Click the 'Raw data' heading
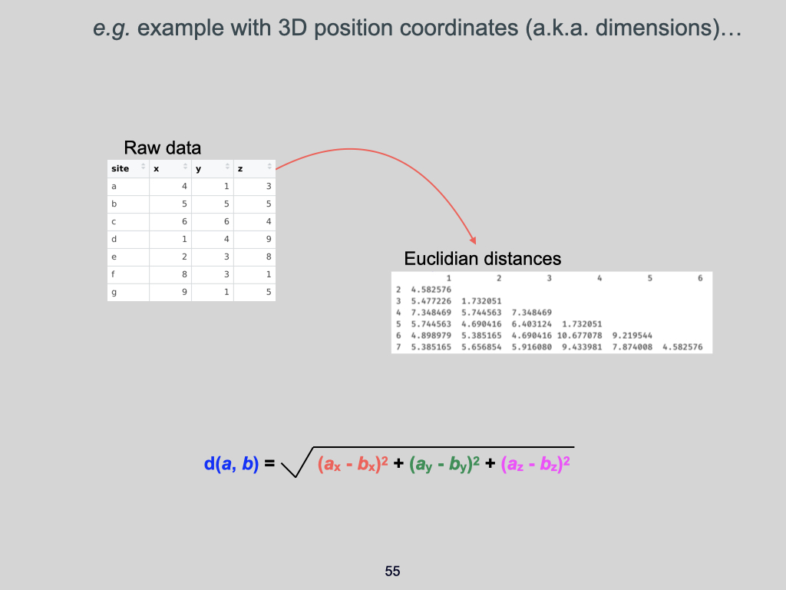(x=162, y=148)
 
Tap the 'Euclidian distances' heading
(x=483, y=259)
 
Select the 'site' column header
(x=121, y=168)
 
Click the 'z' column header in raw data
(x=241, y=168)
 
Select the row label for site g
(x=114, y=293)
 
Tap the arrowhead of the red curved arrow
(x=473, y=241)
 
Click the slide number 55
(x=392, y=572)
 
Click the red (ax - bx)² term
(x=352, y=464)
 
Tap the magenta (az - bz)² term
(x=537, y=464)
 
